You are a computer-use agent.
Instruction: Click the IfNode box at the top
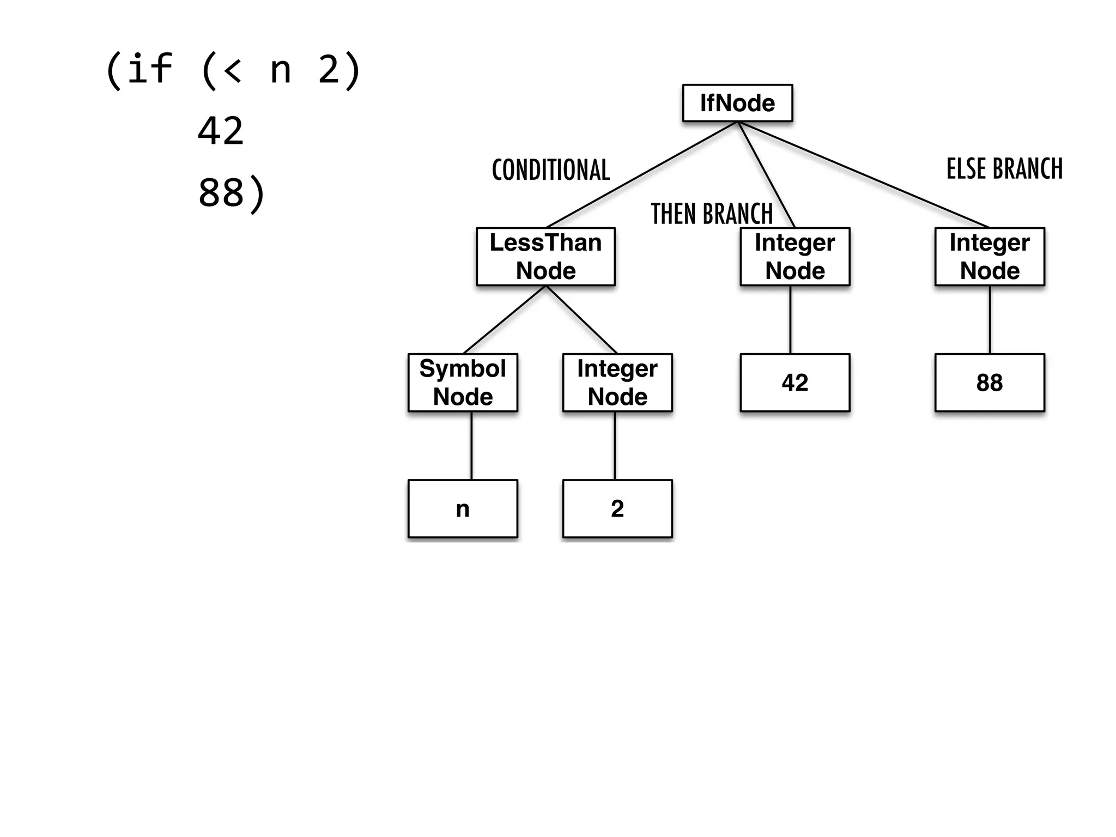(x=737, y=103)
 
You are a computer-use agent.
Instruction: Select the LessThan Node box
(x=545, y=257)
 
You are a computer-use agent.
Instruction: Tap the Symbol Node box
(x=463, y=383)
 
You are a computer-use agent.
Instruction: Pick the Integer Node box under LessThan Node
(x=617, y=383)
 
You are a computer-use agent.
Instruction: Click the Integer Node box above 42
(x=794, y=257)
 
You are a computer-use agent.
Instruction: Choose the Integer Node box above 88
(x=990, y=257)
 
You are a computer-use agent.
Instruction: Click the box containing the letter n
(x=463, y=508)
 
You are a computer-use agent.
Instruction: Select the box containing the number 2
(x=617, y=508)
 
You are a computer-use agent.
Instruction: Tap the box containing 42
(x=794, y=383)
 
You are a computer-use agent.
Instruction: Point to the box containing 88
(x=990, y=383)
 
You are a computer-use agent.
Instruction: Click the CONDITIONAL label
(x=550, y=170)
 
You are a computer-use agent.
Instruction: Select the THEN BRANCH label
(x=712, y=214)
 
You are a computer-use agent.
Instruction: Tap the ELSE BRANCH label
(x=1004, y=169)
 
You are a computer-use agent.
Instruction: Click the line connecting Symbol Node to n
(x=471, y=446)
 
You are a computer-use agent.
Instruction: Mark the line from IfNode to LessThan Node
(x=642, y=174)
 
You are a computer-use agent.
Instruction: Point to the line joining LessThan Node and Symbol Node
(x=504, y=320)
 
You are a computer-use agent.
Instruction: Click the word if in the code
(x=150, y=70)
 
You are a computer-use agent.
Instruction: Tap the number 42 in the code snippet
(x=220, y=131)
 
